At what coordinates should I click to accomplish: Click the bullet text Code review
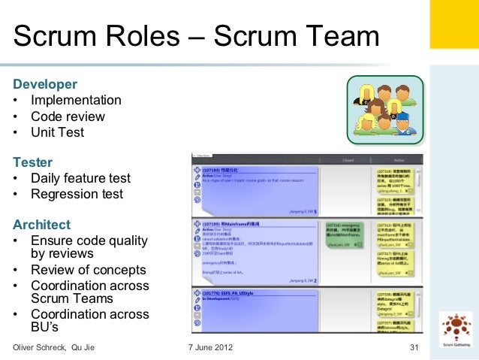[68, 116]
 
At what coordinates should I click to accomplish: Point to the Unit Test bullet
[57, 132]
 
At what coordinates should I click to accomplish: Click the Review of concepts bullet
[88, 270]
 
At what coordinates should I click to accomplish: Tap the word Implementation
[76, 101]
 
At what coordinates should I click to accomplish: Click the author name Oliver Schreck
[41, 347]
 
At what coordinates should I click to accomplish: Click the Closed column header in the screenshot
[347, 160]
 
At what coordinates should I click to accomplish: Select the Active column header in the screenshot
[398, 160]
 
